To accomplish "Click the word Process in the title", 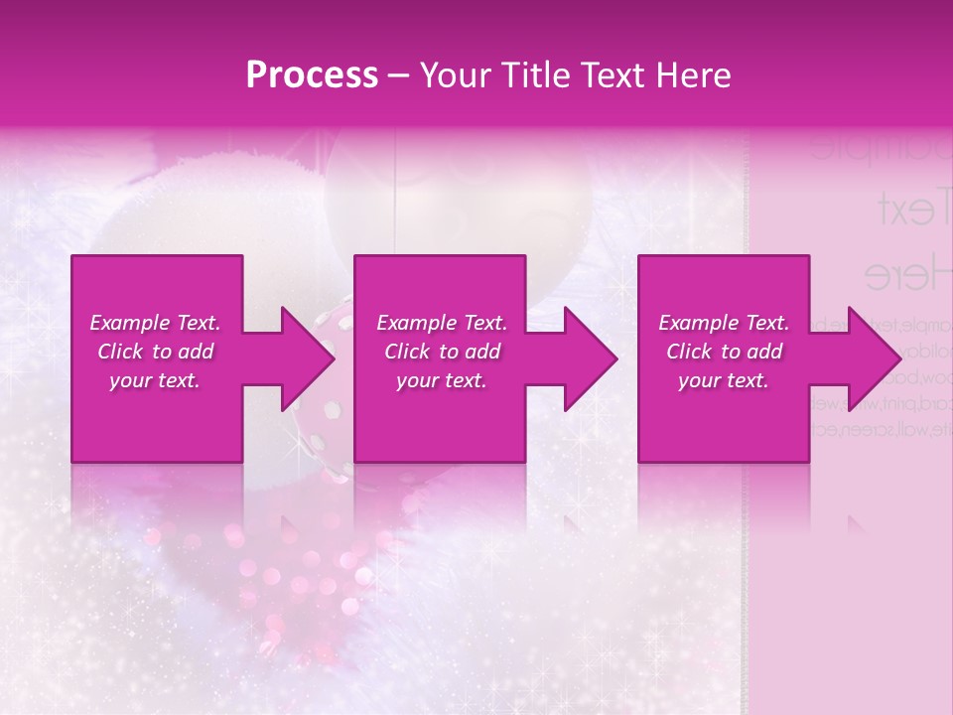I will pos(312,75).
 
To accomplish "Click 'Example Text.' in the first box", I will pos(155,323).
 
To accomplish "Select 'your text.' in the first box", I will pos(155,380).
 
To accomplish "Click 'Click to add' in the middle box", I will pos(442,352).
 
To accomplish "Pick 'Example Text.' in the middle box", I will pos(442,323).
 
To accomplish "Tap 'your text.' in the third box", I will pos(724,380).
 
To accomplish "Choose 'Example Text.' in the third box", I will pos(724,323).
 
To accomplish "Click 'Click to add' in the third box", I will pos(724,352).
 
